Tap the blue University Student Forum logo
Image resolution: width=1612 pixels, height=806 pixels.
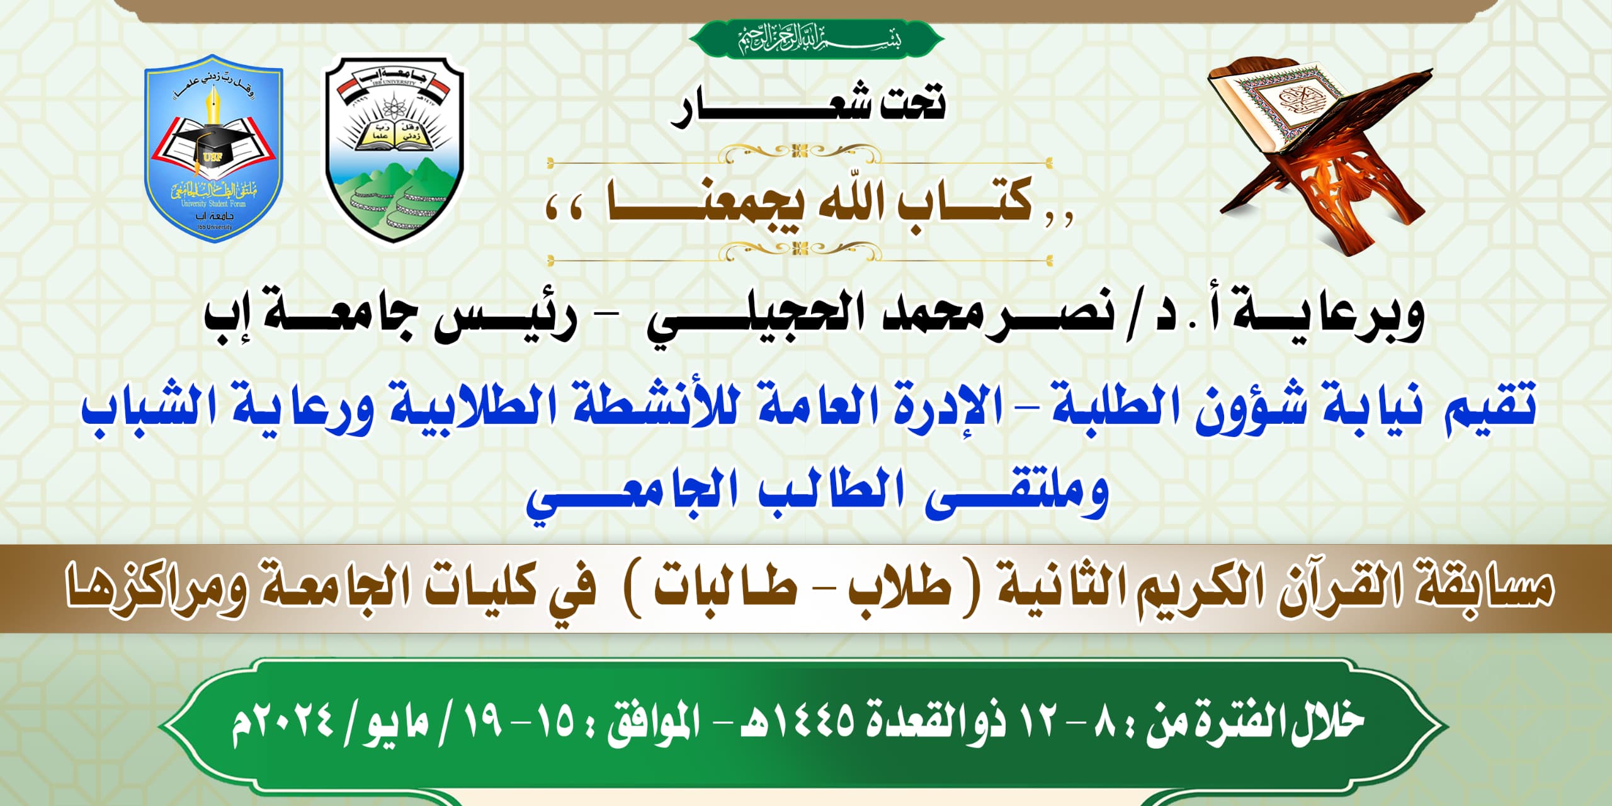pyautogui.click(x=213, y=149)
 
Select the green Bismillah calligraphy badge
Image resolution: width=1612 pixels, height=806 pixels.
pyautogui.click(x=816, y=39)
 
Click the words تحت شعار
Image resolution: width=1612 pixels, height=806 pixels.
pyautogui.click(x=809, y=107)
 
